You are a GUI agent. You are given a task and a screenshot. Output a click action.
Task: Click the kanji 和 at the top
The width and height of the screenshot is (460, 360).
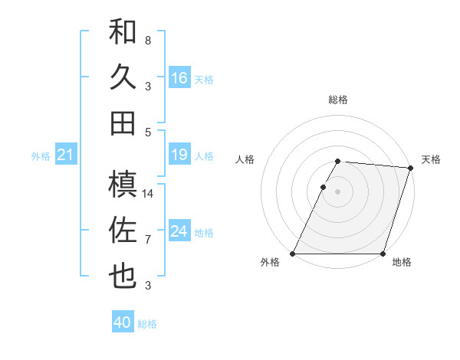pos(123,31)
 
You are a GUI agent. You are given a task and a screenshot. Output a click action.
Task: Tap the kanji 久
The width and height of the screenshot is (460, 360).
pos(123,77)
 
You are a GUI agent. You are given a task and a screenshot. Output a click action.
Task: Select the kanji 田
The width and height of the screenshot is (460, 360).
pos(123,123)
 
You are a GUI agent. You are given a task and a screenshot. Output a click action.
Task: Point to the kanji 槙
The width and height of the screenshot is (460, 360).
pos(123,185)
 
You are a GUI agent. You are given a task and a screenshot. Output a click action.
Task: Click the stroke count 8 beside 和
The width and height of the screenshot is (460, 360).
pos(147,40)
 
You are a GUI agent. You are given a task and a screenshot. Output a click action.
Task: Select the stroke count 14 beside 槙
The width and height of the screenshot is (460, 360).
pos(148,194)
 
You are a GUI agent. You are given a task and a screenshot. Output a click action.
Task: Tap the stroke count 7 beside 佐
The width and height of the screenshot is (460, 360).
pos(147,240)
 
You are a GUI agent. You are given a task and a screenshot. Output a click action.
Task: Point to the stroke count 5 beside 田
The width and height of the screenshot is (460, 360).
pos(147,132)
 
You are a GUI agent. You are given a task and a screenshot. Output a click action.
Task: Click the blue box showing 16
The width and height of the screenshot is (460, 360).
pos(179,78)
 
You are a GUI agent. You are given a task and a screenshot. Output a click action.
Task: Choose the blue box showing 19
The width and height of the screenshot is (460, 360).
pos(179,155)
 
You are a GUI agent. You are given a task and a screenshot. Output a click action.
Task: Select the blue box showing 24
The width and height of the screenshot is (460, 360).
pos(179,232)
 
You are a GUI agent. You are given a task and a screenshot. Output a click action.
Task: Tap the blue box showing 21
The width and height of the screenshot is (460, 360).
pos(65,155)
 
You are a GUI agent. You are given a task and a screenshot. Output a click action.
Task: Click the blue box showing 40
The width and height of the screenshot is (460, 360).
pos(123,322)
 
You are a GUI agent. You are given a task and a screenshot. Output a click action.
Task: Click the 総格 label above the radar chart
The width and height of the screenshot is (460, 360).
pos(338,100)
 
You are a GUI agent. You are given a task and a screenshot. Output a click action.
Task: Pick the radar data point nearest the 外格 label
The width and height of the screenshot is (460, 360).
pos(293,254)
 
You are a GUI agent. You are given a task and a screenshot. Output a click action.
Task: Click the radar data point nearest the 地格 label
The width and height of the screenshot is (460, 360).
pos(383,254)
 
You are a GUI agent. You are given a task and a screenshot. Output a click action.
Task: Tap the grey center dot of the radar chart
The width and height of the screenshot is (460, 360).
pos(338,192)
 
